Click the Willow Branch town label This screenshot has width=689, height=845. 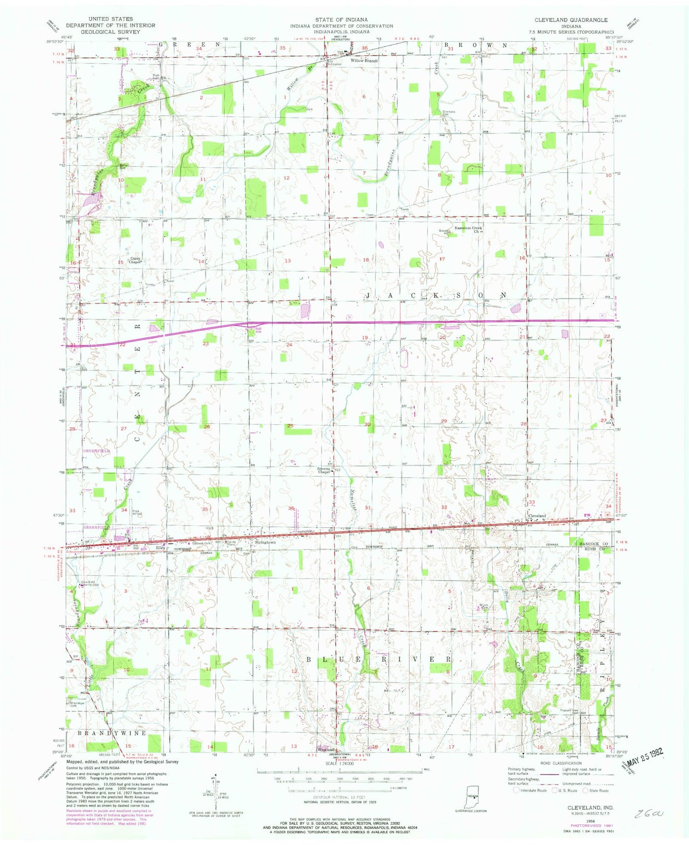click(364, 61)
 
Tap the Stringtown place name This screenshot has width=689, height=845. click(265, 542)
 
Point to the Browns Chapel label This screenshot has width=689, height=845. click(324, 470)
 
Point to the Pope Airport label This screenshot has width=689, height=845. click(137, 512)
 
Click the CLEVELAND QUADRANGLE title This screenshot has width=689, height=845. click(571, 20)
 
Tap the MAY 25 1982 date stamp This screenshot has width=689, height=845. click(643, 753)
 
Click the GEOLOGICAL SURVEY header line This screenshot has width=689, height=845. click(110, 32)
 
